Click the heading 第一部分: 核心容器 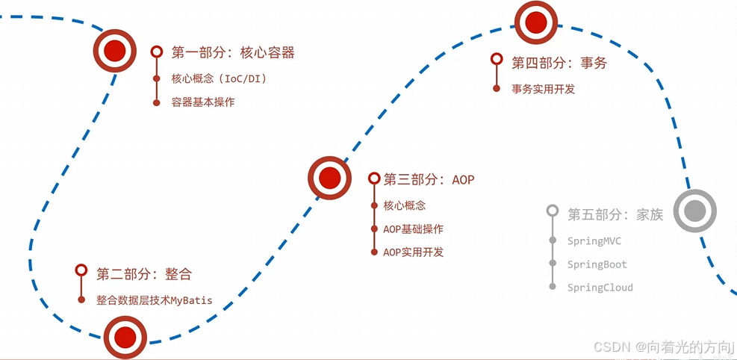[233, 52]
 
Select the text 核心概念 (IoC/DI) [220, 78]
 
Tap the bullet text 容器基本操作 [203, 102]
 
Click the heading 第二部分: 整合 [144, 273]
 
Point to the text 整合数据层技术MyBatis [155, 300]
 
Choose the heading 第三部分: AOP [429, 179]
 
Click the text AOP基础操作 [414, 229]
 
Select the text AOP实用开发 [414, 252]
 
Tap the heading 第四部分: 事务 [559, 63]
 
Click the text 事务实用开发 [544, 89]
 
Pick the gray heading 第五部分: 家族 [615, 214]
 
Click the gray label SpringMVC [594, 241]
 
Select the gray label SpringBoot [597, 264]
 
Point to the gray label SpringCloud [600, 288]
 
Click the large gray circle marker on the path [695, 211]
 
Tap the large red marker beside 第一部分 [114, 51]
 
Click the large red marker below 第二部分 [125, 337]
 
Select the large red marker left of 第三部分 [329, 178]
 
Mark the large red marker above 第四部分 [536, 22]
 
